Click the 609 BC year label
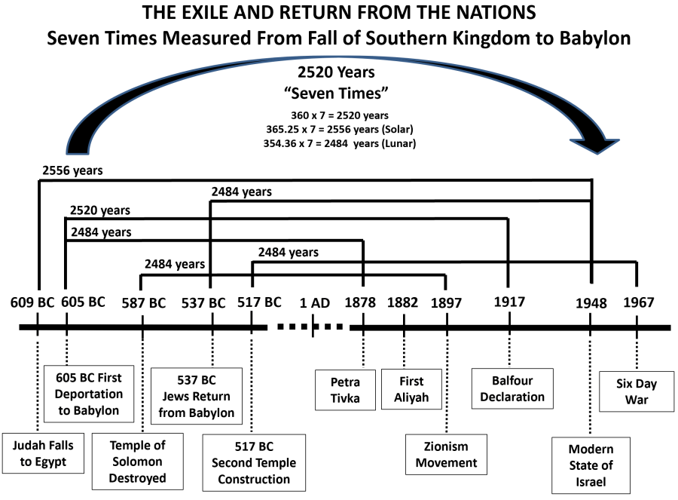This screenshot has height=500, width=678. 32,303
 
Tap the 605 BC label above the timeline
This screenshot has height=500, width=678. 84,302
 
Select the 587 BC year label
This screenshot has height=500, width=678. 143,303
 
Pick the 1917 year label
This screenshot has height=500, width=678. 509,302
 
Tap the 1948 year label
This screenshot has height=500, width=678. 591,303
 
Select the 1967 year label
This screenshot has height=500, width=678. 638,303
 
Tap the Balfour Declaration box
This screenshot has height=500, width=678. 512,388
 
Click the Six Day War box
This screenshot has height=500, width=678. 636,391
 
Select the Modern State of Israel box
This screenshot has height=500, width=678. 591,465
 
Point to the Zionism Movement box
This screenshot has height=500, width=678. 446,454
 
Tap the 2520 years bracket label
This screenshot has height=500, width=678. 99,210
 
